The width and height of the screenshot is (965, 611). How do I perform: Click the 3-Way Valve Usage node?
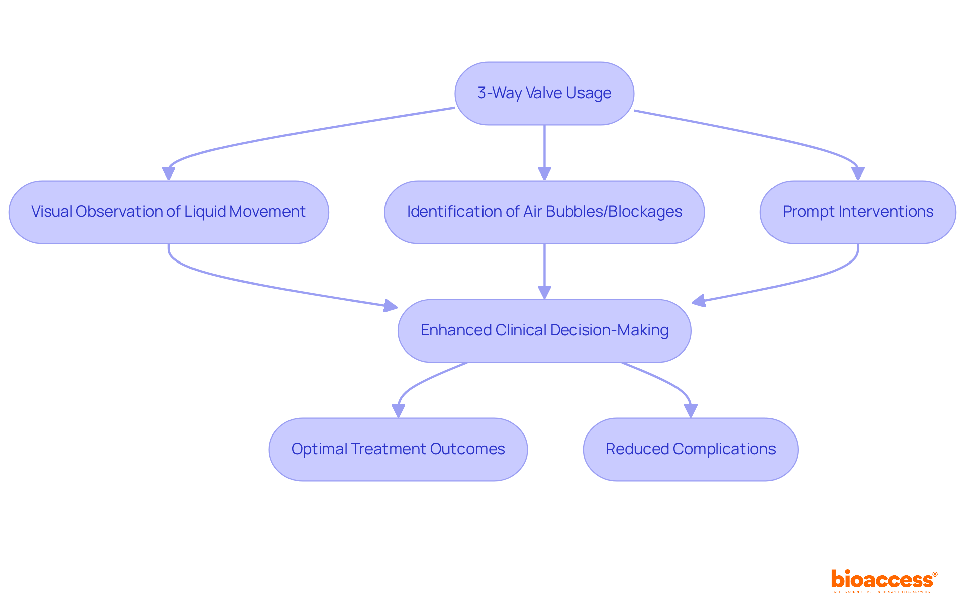[x=544, y=94]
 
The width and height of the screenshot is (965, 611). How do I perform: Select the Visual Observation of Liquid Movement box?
[x=168, y=212]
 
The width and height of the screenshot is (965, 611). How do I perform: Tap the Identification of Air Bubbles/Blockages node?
[x=544, y=212]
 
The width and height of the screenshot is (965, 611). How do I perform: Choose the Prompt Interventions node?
[x=857, y=212]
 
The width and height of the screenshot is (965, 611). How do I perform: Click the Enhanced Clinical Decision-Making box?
[x=544, y=330]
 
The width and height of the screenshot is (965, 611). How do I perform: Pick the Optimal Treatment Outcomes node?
[x=398, y=449]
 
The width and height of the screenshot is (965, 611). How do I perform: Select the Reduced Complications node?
[x=690, y=449]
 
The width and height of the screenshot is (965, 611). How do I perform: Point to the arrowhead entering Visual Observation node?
[x=169, y=173]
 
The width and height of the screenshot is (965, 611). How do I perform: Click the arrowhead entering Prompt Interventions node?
[x=858, y=173]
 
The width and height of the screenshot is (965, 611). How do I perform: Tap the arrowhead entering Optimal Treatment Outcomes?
[x=398, y=411]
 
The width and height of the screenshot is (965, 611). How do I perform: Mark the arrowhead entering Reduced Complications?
[x=691, y=411]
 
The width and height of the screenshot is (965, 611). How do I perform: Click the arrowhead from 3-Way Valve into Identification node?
[x=544, y=173]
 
